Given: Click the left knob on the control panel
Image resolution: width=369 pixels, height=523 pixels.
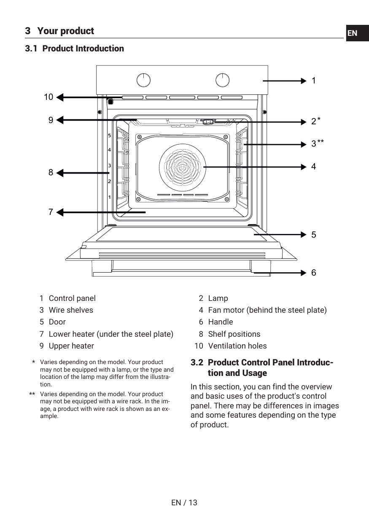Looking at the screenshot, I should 144,80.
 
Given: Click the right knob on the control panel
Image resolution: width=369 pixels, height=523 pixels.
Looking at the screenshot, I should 223,80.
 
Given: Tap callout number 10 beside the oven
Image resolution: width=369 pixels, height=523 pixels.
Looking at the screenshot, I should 48,97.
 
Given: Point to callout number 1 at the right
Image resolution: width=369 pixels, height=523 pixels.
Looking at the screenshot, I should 314,80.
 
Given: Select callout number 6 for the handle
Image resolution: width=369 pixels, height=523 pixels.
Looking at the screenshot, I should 314,273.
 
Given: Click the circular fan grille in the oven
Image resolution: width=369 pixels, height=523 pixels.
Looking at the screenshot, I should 183,167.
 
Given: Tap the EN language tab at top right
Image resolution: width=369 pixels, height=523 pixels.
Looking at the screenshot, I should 353,33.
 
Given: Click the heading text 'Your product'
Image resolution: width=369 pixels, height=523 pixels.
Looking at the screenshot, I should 65,31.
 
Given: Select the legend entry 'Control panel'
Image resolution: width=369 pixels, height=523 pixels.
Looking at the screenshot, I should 72,298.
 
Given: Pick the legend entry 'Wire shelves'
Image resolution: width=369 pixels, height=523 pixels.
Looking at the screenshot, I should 71,310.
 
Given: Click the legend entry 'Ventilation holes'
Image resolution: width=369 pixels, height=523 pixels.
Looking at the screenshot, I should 237,346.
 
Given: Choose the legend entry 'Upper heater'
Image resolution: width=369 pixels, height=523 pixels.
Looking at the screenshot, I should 71,346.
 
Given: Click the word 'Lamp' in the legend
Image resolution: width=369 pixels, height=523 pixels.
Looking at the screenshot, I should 218,298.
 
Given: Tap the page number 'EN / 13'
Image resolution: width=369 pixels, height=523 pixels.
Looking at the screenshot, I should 184,502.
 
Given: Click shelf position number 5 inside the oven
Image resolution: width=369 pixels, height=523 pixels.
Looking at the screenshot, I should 109,136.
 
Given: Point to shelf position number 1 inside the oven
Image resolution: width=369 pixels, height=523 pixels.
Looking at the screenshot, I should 109,197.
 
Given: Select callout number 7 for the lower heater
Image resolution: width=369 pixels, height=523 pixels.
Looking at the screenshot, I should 51,212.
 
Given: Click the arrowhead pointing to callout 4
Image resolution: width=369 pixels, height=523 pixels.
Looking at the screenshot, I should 303,167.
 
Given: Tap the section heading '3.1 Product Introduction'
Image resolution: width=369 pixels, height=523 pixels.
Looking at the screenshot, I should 75,48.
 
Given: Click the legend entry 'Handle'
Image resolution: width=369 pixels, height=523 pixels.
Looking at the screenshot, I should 221,322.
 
